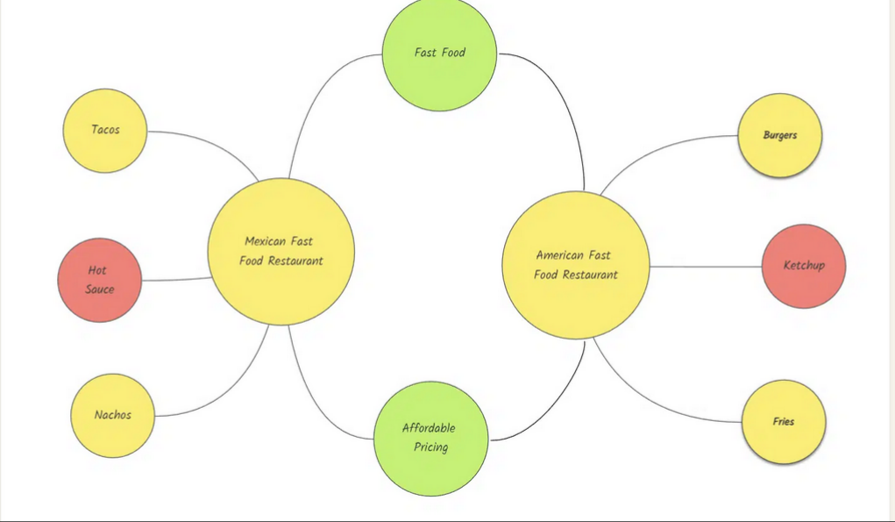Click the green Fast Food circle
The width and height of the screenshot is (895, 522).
click(439, 54)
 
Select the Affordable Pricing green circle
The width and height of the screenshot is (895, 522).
click(431, 439)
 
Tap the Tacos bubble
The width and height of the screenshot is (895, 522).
click(105, 131)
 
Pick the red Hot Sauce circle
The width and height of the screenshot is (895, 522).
click(100, 280)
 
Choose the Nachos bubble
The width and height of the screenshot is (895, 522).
click(112, 416)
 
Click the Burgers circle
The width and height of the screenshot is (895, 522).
click(779, 136)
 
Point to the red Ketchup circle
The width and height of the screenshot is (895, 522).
click(804, 266)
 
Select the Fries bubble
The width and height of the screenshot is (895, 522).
click(784, 422)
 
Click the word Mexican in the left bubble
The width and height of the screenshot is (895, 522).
click(264, 241)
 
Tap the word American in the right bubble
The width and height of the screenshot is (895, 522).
click(558, 255)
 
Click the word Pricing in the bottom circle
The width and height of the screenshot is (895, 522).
click(431, 447)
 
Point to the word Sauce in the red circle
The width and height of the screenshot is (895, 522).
click(100, 289)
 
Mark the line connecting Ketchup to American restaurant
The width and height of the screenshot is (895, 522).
click(706, 267)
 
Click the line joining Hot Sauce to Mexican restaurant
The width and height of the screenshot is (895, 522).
click(177, 280)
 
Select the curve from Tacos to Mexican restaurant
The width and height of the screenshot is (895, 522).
click(212, 145)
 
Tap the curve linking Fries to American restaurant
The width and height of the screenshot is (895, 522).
click(650, 400)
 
